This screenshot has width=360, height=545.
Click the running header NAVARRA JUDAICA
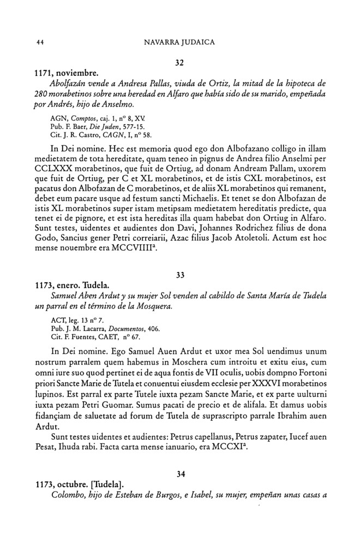click(x=179, y=41)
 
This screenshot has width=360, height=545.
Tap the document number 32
click(x=179, y=63)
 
